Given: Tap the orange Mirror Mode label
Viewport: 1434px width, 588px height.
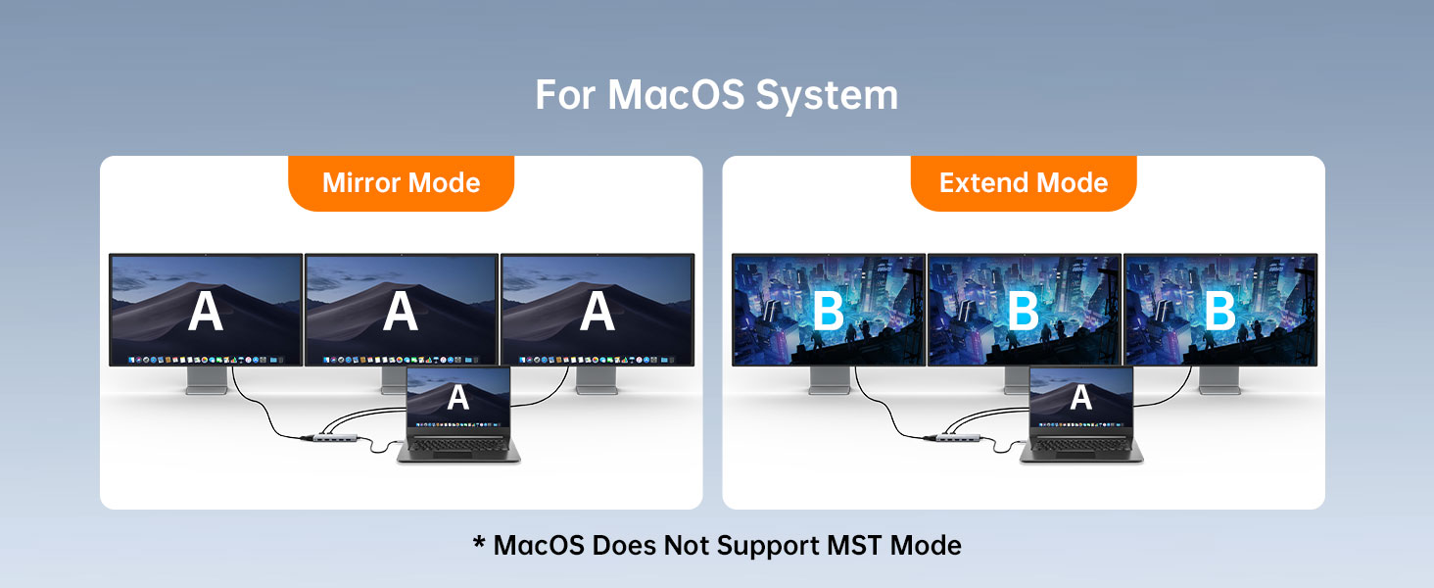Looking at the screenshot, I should [401, 183].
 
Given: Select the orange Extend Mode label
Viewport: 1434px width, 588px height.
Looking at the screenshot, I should [1024, 183].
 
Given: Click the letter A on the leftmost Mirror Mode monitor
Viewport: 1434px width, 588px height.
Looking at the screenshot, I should [206, 311].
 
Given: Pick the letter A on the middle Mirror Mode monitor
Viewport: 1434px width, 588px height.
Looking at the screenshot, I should [401, 311].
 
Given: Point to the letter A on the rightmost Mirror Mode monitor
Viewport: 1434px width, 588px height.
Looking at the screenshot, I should [597, 311].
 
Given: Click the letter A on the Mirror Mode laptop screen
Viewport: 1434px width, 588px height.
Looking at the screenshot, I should [457, 397].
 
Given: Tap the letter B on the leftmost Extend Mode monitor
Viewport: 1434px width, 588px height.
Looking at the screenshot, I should [829, 311].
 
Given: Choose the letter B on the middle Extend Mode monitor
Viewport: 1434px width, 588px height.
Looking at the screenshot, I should [1024, 311].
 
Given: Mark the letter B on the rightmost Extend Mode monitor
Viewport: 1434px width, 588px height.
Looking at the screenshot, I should [1219, 311].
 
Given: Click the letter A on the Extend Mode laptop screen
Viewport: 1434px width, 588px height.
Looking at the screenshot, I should [1080, 397].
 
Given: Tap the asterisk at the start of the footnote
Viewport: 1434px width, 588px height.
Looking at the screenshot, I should [479, 542].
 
